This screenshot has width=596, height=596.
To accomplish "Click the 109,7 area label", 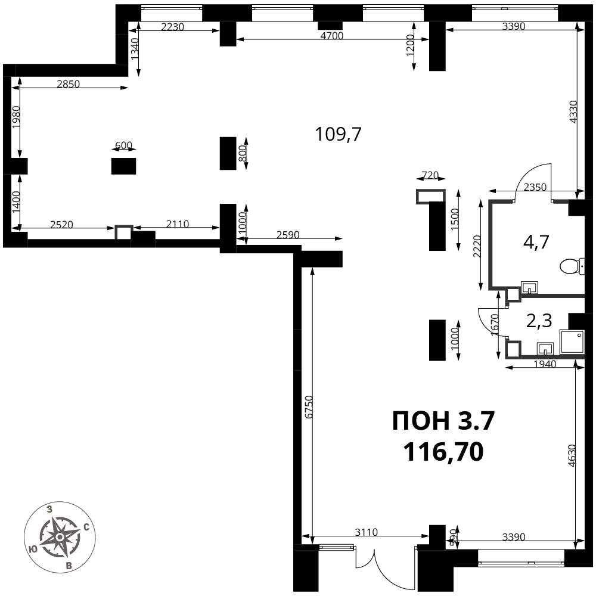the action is click(338, 134).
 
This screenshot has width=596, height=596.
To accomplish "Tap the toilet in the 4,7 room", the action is click(572, 266).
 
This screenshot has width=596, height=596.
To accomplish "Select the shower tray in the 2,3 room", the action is click(572, 343).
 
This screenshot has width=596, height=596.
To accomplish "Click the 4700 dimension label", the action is click(332, 36).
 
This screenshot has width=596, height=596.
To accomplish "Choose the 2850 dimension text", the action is click(69, 84).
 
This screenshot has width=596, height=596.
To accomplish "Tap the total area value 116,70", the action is click(443, 452).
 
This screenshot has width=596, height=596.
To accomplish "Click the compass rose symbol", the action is click(60, 537).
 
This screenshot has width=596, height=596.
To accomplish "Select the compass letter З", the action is click(49, 510).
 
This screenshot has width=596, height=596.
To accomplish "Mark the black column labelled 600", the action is click(123, 166).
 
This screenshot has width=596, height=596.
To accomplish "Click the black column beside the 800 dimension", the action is click(228, 153).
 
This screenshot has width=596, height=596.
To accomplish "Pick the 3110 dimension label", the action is click(366, 532).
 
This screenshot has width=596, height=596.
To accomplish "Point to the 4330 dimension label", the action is click(573, 111).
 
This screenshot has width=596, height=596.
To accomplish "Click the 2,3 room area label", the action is click(539, 321).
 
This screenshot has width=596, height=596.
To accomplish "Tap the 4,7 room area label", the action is click(536, 242).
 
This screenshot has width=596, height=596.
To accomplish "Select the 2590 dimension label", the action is click(288, 235).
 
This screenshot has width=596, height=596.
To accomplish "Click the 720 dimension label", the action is click(430, 176).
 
